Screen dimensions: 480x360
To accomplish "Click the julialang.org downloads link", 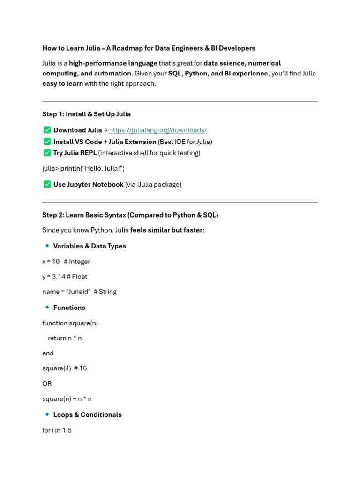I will tap(158, 130).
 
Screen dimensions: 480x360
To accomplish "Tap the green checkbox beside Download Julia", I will tap(47, 130).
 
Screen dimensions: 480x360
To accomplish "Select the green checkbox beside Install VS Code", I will tap(47, 142).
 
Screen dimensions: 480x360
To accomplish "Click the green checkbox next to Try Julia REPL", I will tap(47, 153).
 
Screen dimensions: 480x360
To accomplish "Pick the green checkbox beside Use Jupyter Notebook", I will tap(47, 184).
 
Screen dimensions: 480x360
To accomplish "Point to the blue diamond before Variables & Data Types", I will tap(47, 246).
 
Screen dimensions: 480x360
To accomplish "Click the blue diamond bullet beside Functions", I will tap(47, 307).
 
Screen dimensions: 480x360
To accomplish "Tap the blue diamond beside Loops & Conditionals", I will tap(47, 414).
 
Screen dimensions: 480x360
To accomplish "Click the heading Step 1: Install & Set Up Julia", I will tap(86, 114).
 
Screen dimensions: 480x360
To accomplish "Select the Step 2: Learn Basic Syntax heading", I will tap(130, 215).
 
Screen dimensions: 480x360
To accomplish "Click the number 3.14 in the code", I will tap(59, 277).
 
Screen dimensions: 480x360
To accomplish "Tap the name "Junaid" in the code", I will tap(76, 292).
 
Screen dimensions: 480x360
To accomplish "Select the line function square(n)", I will tap(70, 323).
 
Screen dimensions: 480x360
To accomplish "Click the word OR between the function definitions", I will tap(47, 383).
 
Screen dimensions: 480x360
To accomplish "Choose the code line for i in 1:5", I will tap(57, 430).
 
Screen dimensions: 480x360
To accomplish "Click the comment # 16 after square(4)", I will tap(80, 368).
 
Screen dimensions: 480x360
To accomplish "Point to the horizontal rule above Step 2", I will tap(180, 202).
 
